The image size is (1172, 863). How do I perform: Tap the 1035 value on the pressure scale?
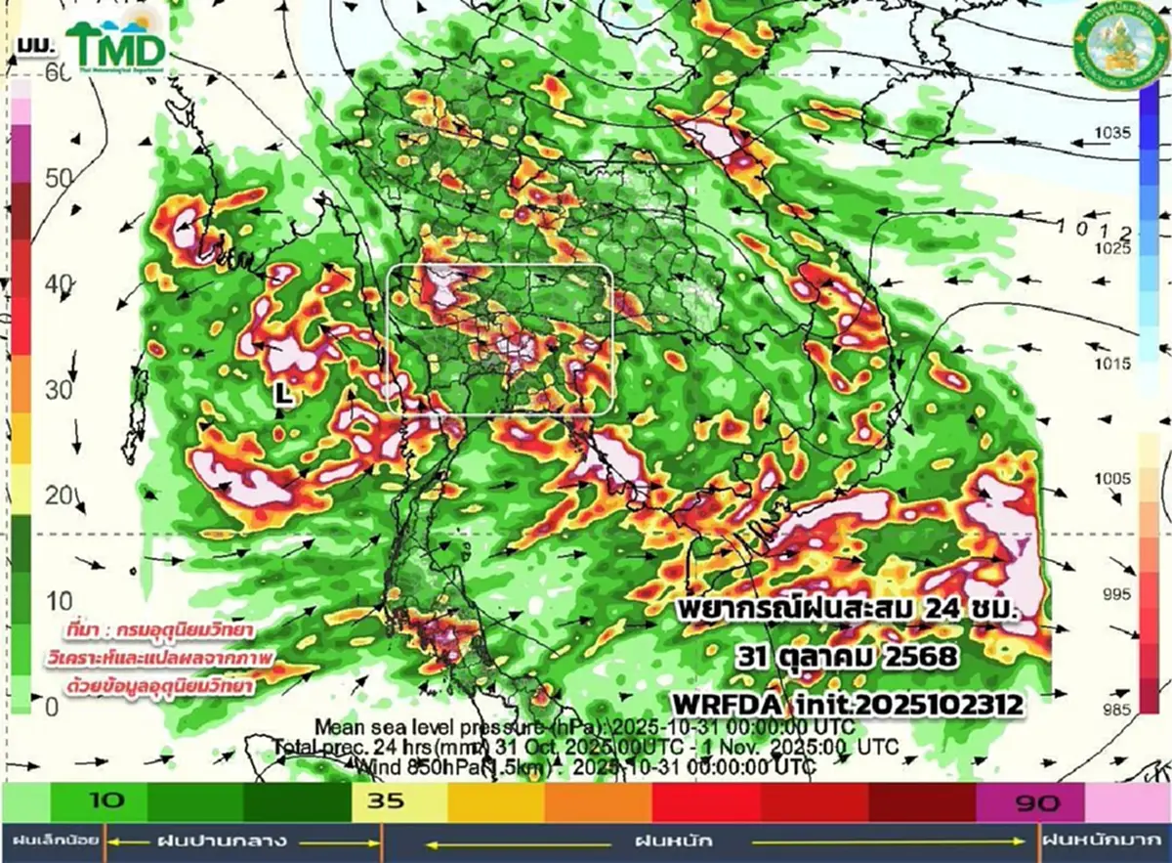[x=1112, y=132]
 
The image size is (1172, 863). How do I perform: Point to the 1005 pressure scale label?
[x=1112, y=478]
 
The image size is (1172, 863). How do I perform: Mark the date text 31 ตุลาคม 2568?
[x=846, y=655]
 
